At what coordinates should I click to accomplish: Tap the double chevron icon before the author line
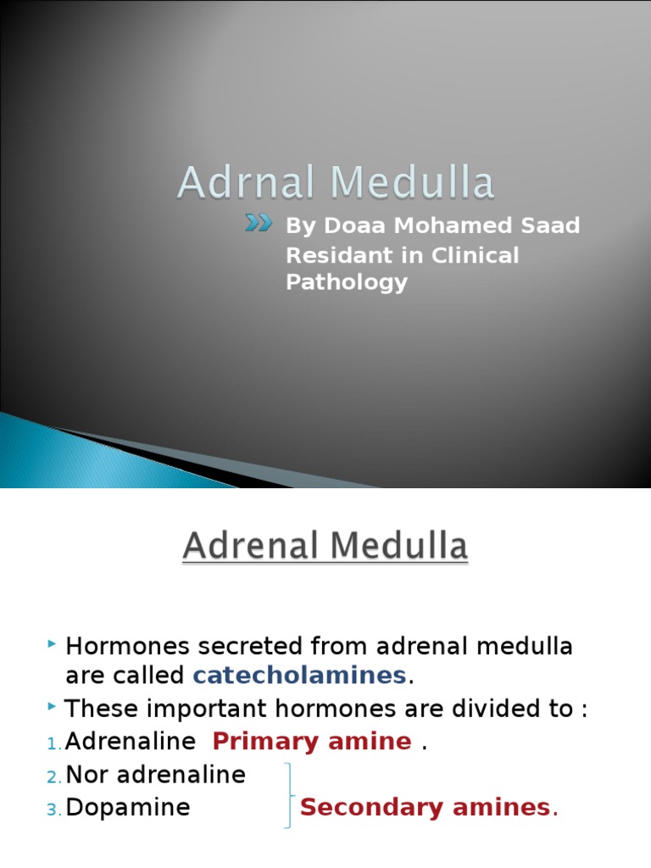click(259, 223)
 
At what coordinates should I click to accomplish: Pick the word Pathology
click(347, 282)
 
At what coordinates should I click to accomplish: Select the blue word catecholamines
click(300, 676)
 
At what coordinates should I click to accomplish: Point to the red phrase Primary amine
click(311, 742)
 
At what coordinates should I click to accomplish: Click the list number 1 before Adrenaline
click(53, 744)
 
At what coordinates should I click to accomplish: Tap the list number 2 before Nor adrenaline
click(53, 777)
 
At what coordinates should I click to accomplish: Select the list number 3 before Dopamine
click(53, 810)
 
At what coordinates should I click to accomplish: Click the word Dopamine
click(128, 808)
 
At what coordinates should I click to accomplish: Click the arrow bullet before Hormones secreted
click(53, 646)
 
